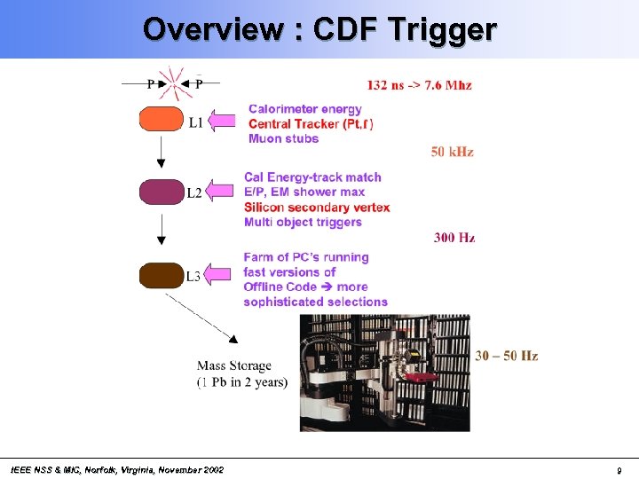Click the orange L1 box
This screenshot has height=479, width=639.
point(161,119)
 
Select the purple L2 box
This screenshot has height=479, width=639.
point(161,191)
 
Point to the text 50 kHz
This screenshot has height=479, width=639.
point(452,152)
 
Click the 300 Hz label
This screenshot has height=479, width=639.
point(454,237)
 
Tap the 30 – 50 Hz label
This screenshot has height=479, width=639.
point(506,356)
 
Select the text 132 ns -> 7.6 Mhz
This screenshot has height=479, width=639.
point(419,85)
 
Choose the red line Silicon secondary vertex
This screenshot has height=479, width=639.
point(317,207)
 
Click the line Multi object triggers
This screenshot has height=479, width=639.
point(303,222)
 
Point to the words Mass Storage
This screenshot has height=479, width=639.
point(234,365)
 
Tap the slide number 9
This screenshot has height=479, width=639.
point(618,470)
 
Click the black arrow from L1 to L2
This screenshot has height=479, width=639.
point(161,153)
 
